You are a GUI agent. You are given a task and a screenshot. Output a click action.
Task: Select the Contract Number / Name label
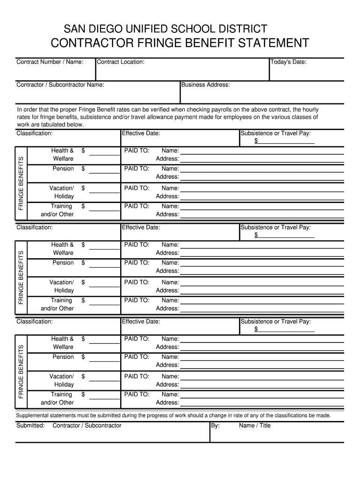tap(50, 62)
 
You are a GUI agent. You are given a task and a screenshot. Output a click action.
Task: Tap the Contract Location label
tap(121, 62)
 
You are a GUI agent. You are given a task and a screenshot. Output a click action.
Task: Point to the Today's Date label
tap(288, 62)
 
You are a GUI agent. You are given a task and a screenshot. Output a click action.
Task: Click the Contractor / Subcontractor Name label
tap(60, 85)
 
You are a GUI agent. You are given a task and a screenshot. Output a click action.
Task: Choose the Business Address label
tap(206, 85)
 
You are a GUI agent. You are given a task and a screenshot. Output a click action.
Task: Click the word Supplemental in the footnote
tap(34, 415)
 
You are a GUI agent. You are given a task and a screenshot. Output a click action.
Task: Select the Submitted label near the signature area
tap(30, 425)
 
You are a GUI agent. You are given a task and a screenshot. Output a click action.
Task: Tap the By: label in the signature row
tap(215, 425)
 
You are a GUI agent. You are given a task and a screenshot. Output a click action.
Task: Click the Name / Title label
tap(254, 425)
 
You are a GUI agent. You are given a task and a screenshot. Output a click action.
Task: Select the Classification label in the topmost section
tap(35, 133)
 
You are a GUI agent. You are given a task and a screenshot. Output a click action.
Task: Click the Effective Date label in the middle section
tap(141, 227)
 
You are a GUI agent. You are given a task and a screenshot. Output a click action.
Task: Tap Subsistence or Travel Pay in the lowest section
tap(275, 321)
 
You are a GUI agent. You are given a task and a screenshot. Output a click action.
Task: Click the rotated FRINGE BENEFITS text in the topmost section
tap(21, 183)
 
